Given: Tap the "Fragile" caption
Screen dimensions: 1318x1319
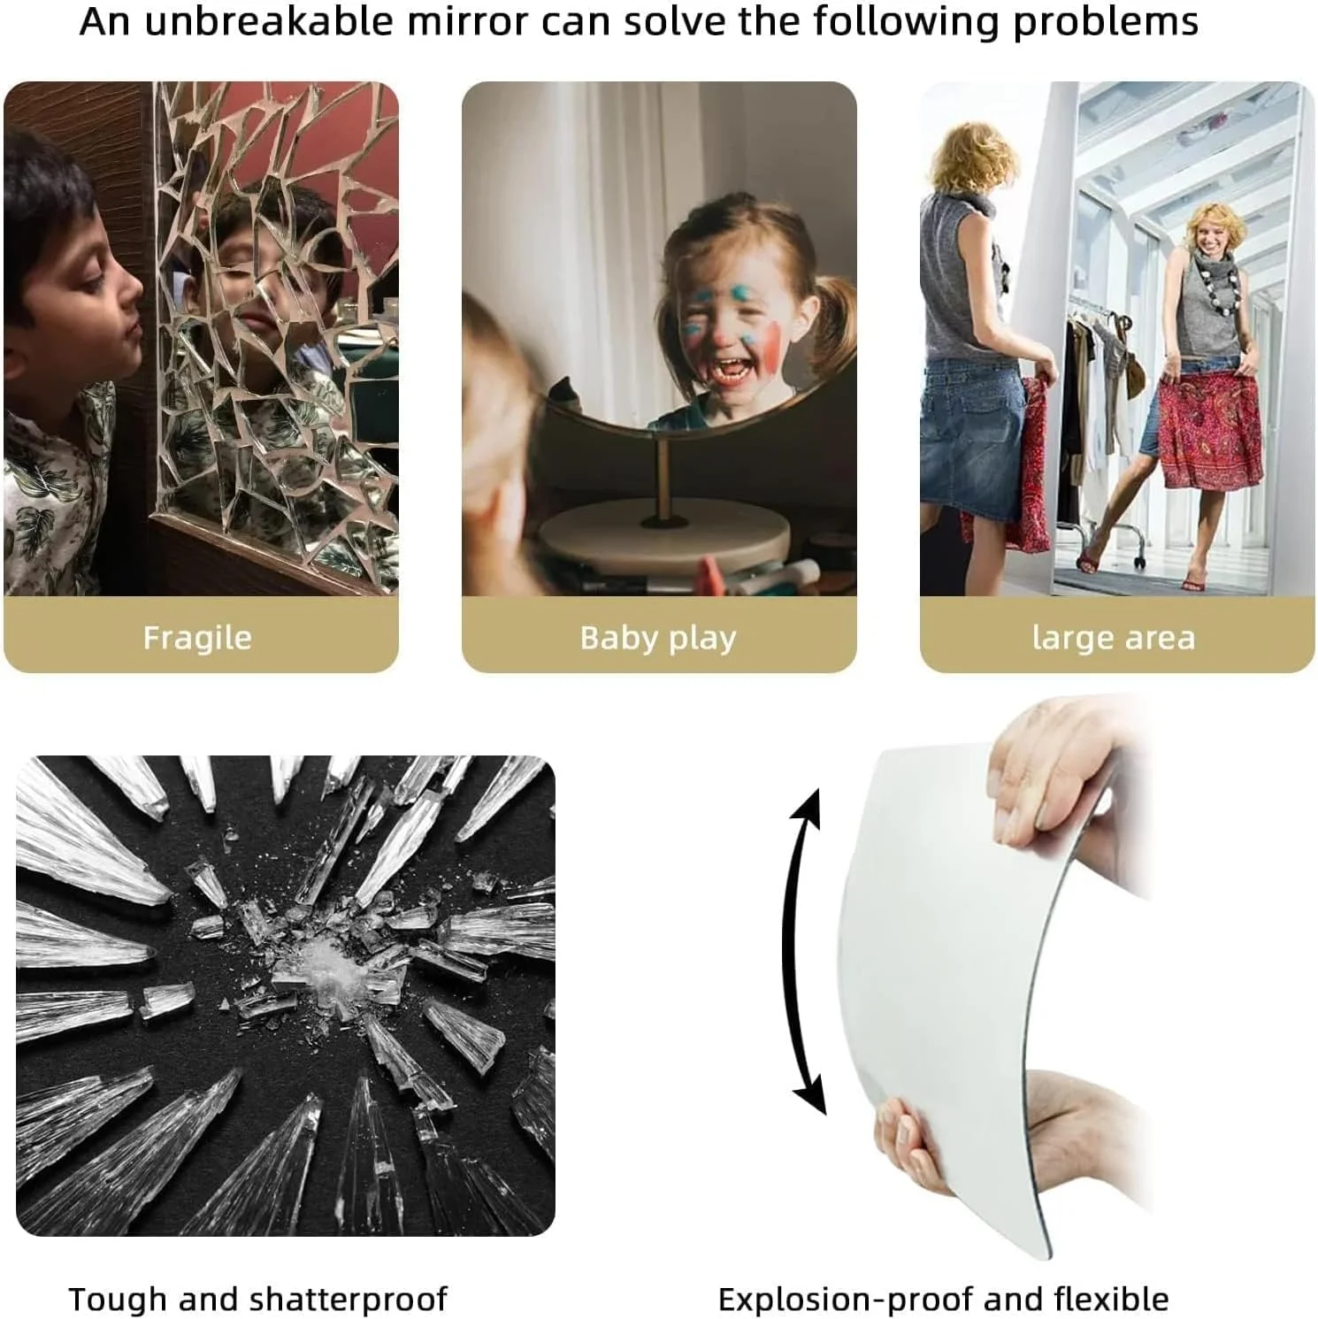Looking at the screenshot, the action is (x=197, y=638).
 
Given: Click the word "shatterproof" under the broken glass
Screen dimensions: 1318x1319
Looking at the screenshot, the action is (x=349, y=1300).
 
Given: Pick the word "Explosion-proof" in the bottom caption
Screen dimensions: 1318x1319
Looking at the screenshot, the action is (x=845, y=1300).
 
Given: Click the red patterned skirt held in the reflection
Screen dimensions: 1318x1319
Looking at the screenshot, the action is (x=1210, y=433).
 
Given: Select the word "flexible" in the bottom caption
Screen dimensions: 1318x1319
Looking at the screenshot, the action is (x=1112, y=1300).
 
